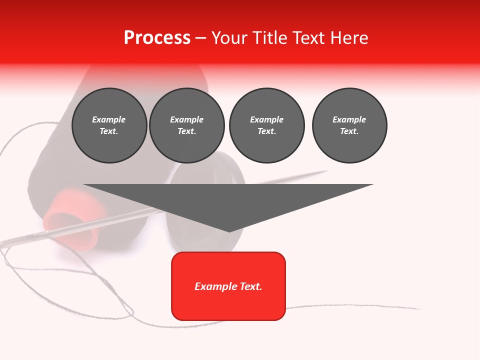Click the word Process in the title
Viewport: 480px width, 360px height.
pyautogui.click(x=157, y=38)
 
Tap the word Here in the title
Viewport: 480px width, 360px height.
pyautogui.click(x=349, y=38)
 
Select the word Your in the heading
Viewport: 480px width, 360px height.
pyautogui.click(x=230, y=38)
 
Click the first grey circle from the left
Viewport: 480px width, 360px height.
pyautogui.click(x=109, y=125)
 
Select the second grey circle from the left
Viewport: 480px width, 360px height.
pyautogui.click(x=187, y=125)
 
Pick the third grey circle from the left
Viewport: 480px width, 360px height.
pyautogui.click(x=266, y=125)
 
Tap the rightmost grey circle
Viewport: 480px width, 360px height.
pyautogui.click(x=349, y=125)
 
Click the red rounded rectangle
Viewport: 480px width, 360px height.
pyautogui.click(x=228, y=286)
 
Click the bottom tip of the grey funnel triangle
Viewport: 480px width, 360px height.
pyautogui.click(x=229, y=231)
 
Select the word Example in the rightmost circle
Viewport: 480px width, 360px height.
pyautogui.click(x=349, y=119)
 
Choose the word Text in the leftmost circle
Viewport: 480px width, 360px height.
pyautogui.click(x=109, y=131)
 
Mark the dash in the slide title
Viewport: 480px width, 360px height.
pyautogui.click(x=200, y=38)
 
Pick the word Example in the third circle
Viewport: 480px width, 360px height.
pyautogui.click(x=266, y=119)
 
